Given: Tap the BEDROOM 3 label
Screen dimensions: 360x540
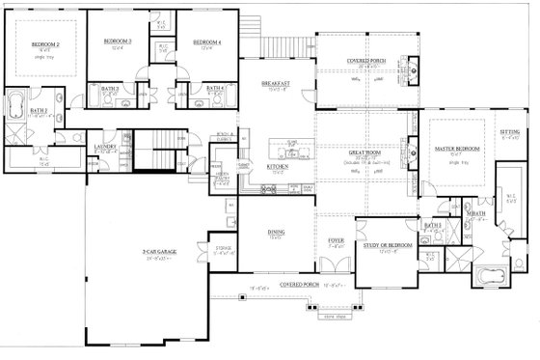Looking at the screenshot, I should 117,42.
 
